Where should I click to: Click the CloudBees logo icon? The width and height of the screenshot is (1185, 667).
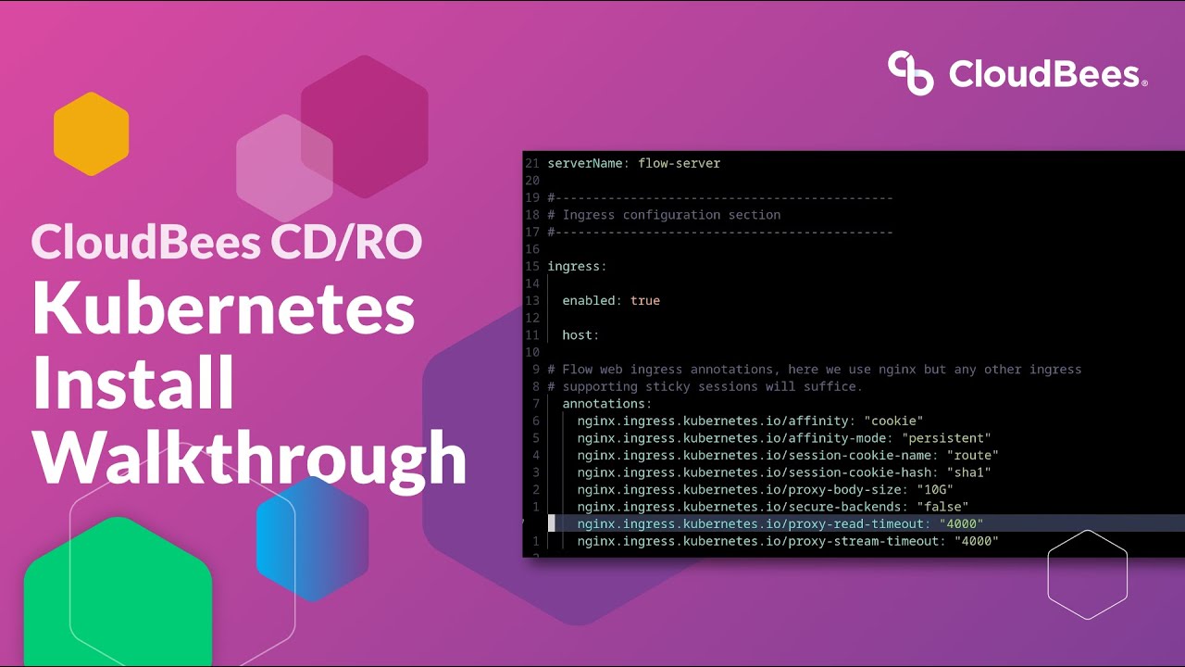point(911,72)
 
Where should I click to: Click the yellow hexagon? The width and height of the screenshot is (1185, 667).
point(91,133)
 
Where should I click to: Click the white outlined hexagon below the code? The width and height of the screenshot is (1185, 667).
point(1087,574)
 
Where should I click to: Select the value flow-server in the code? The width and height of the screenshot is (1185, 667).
point(679,163)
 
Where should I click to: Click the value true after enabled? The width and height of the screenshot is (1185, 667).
point(644,300)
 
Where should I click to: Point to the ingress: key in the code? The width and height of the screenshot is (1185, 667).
point(577,266)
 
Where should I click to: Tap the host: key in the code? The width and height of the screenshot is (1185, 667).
point(580,334)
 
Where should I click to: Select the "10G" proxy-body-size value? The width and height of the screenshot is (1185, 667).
point(935,489)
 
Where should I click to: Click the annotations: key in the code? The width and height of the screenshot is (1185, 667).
point(606,404)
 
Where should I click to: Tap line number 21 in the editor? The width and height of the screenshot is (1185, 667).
point(531,163)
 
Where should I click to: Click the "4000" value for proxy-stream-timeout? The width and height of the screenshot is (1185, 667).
point(977,541)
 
